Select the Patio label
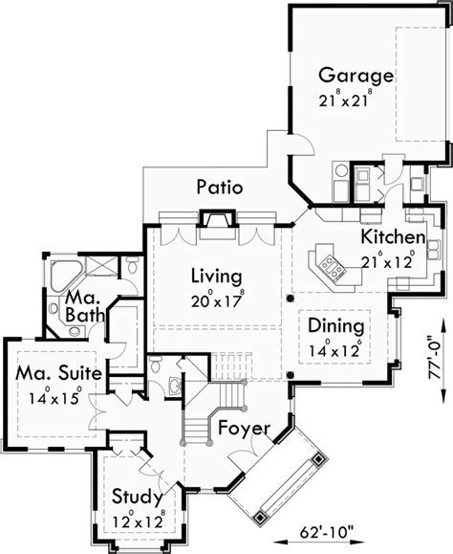tap(219, 187)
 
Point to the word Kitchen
tap(393, 237)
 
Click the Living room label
tap(215, 277)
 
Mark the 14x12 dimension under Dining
tap(334, 348)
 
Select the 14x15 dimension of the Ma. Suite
tap(54, 395)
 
